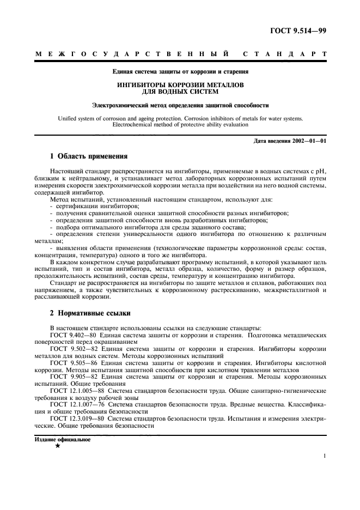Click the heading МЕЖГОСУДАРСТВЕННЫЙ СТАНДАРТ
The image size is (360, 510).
(x=180, y=55)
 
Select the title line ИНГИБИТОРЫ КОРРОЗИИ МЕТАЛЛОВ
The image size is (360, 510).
(x=180, y=86)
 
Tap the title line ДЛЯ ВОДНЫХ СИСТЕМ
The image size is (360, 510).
(x=180, y=92)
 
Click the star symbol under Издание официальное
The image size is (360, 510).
(x=57, y=445)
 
